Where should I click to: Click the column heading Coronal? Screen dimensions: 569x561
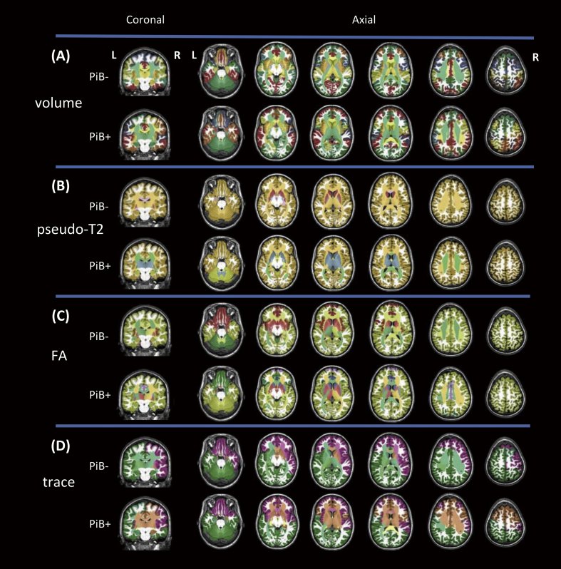(145, 21)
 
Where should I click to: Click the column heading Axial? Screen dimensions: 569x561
(364, 21)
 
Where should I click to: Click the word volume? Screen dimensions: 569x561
(58, 103)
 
